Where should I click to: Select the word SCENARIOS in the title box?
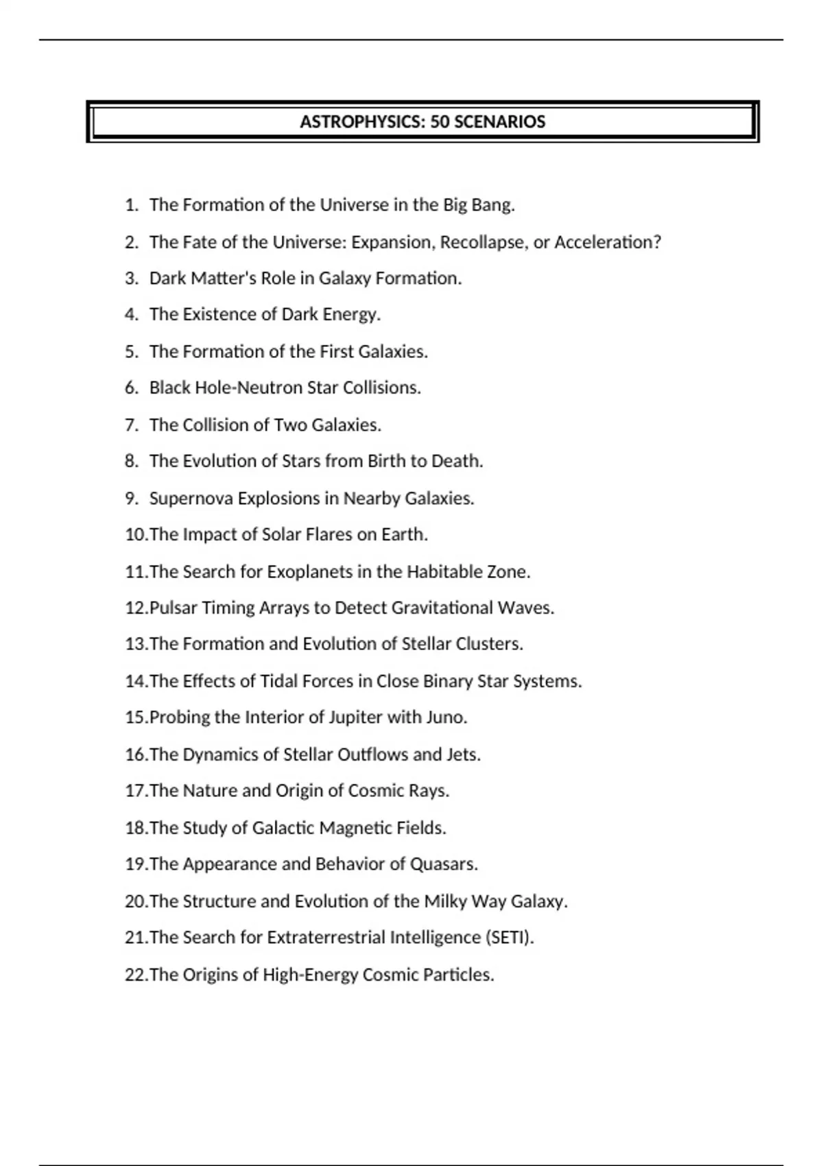(x=500, y=122)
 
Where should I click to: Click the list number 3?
(x=131, y=278)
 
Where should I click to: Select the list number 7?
(x=131, y=425)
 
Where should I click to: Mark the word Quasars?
(x=443, y=864)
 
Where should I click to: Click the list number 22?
(x=135, y=975)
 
